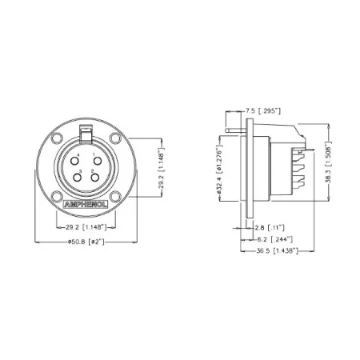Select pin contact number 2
click(94, 178)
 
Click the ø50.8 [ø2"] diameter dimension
click(86, 242)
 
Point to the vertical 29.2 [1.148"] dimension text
click(161, 169)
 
